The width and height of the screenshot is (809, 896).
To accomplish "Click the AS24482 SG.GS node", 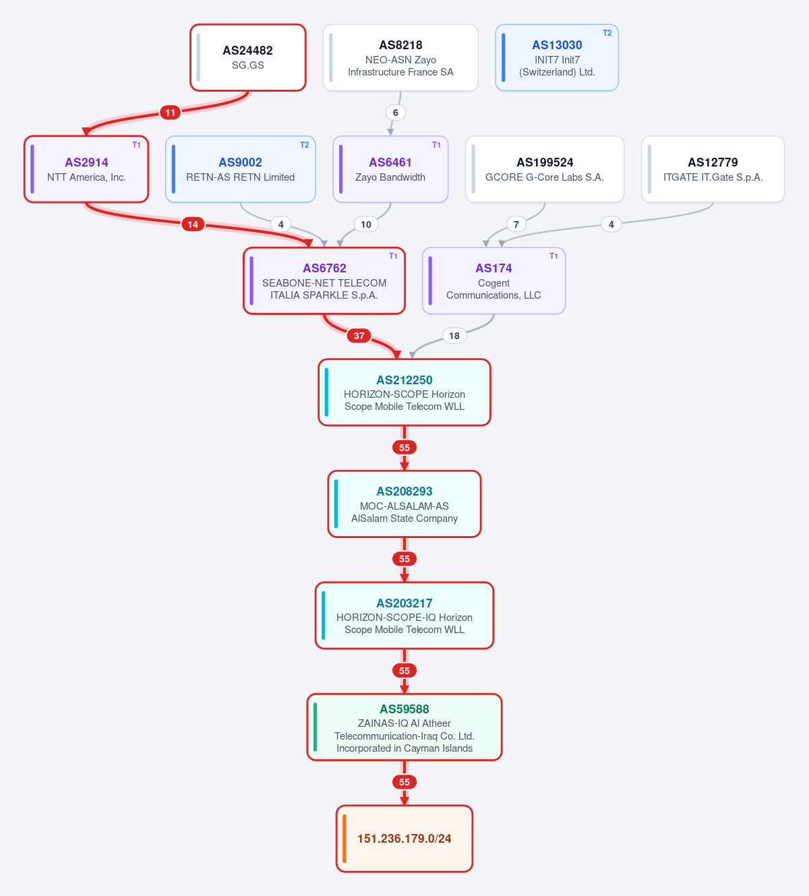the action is click(248, 57).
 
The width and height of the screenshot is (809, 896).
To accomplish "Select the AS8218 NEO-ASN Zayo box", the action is click(400, 57).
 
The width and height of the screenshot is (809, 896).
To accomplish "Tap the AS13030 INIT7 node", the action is click(557, 57).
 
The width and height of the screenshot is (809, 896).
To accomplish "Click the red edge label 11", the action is click(170, 113).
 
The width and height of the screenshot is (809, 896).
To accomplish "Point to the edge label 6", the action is click(395, 113).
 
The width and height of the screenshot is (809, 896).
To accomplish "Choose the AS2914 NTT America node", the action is click(86, 169).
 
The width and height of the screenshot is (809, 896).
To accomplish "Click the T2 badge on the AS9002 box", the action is click(304, 145).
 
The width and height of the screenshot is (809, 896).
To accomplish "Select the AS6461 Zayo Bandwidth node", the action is click(390, 169).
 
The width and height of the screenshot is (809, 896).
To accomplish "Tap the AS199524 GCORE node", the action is click(545, 169).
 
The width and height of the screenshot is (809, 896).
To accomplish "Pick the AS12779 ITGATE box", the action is click(713, 169).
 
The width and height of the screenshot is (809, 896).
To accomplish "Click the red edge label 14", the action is click(193, 225).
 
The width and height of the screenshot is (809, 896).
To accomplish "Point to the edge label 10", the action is click(366, 225).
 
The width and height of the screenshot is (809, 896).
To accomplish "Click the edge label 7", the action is click(516, 225).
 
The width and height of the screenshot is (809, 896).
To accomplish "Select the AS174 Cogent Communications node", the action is click(493, 281).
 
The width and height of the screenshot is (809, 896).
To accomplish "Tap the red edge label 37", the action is click(359, 336).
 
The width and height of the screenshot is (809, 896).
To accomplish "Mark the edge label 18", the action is click(454, 336).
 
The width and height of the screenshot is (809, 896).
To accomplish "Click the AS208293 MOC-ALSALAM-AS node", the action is click(404, 504).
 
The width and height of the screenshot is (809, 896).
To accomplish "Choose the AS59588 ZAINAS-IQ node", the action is click(404, 727).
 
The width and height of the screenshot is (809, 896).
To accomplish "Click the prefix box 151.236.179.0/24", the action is click(404, 839).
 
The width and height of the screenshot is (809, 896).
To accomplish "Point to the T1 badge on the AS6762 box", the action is click(393, 256).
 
